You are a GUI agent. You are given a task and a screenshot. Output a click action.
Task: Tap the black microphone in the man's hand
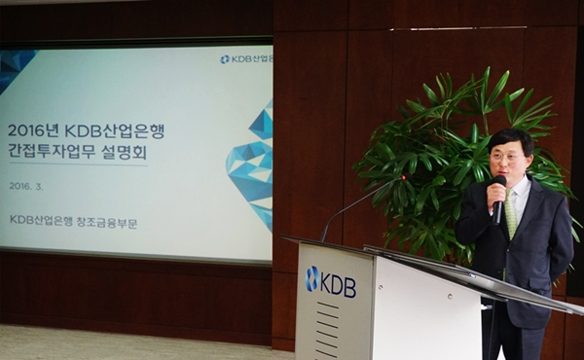click(498, 195)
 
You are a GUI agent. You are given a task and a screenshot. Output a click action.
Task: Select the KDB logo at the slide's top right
click(244, 59)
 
